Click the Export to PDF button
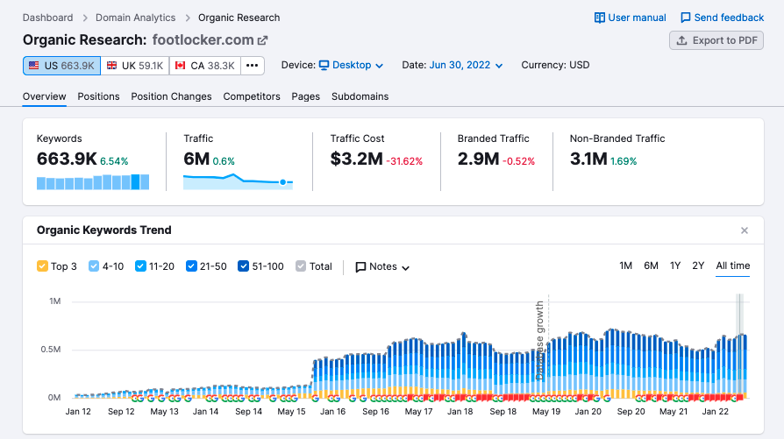pyautogui.click(x=716, y=40)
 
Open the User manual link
pyautogui.click(x=630, y=18)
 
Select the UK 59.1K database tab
pyautogui.click(x=134, y=66)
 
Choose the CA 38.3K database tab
pyautogui.click(x=204, y=66)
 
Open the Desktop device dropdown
pyautogui.click(x=351, y=66)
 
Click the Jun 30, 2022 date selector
pyautogui.click(x=466, y=66)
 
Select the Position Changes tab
pyautogui.click(x=171, y=96)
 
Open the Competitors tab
pyautogui.click(x=252, y=96)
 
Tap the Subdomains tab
pyautogui.click(x=360, y=96)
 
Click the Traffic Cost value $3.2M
pyautogui.click(x=356, y=159)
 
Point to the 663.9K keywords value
pyautogui.click(x=66, y=159)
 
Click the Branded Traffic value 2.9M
pyautogui.click(x=478, y=159)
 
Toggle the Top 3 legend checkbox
pyautogui.click(x=42, y=266)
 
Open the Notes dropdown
pyautogui.click(x=382, y=266)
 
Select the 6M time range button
pyautogui.click(x=651, y=266)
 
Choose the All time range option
pyautogui.click(x=732, y=266)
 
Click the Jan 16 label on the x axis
pyautogui.click(x=332, y=412)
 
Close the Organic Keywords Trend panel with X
pyautogui.click(x=745, y=230)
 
